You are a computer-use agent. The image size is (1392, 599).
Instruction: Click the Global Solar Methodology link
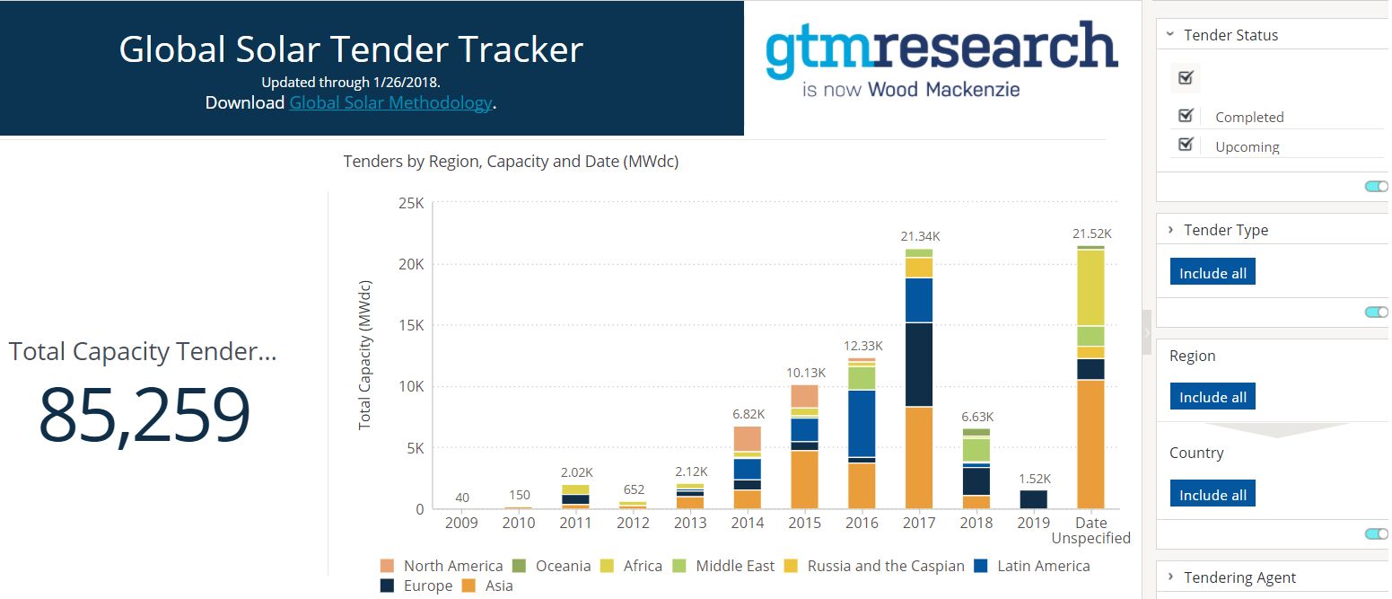click(x=390, y=103)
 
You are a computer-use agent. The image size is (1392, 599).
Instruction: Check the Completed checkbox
click(x=1186, y=116)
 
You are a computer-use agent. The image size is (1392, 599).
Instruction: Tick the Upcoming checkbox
click(x=1186, y=145)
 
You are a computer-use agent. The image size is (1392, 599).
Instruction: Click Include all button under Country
click(x=1213, y=495)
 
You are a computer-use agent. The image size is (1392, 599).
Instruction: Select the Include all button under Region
click(x=1213, y=397)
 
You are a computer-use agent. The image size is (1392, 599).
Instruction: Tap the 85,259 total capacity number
click(x=144, y=416)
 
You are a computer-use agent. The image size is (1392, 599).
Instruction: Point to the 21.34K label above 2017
click(x=920, y=236)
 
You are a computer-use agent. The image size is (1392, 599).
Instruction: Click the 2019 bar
click(x=1033, y=499)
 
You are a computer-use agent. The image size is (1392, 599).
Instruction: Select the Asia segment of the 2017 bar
click(x=919, y=458)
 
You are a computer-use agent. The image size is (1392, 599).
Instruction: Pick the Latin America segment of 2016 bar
click(x=862, y=424)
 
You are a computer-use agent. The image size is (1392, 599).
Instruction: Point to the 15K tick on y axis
click(x=409, y=326)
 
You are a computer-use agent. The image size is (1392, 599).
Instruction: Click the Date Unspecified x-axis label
click(x=1090, y=530)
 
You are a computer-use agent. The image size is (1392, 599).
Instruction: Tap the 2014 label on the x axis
click(x=747, y=523)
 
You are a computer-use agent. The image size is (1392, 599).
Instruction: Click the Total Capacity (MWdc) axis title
click(x=364, y=355)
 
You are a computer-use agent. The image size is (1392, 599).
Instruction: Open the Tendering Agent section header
click(x=1239, y=577)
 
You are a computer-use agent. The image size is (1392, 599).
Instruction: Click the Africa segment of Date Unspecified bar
click(x=1090, y=287)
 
